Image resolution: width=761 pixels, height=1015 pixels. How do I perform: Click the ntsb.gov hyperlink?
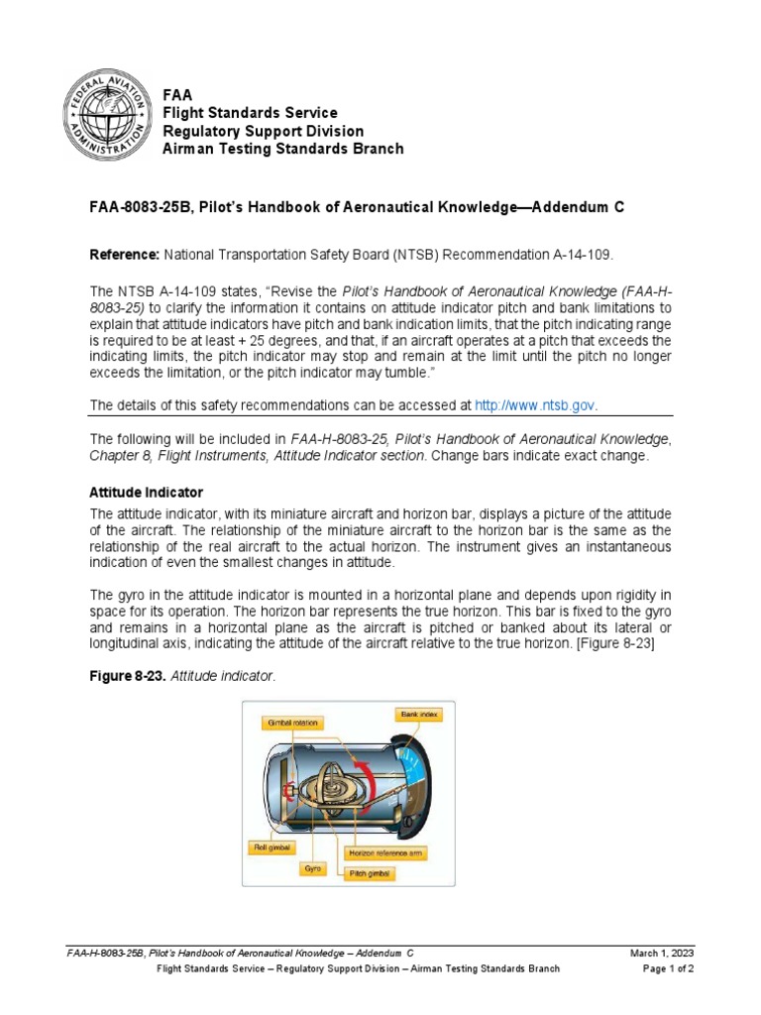pyautogui.click(x=536, y=404)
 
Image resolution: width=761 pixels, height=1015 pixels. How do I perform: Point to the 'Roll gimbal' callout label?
pyautogui.click(x=270, y=847)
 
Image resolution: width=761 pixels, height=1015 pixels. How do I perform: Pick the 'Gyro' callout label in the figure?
pyautogui.click(x=312, y=866)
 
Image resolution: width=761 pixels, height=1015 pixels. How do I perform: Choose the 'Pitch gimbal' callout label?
pyautogui.click(x=368, y=874)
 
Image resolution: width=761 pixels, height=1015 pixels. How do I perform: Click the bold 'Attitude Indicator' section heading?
pyautogui.click(x=146, y=492)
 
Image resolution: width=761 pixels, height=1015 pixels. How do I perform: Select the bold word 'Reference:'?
pyautogui.click(x=125, y=255)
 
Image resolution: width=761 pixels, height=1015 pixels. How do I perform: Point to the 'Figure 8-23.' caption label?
pyautogui.click(x=128, y=675)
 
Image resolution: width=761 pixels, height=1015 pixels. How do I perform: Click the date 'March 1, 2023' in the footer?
pyautogui.click(x=662, y=953)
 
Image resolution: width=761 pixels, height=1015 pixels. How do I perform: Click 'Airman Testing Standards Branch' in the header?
pyautogui.click(x=282, y=149)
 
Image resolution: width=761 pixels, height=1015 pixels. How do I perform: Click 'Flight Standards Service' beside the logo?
pyautogui.click(x=250, y=113)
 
